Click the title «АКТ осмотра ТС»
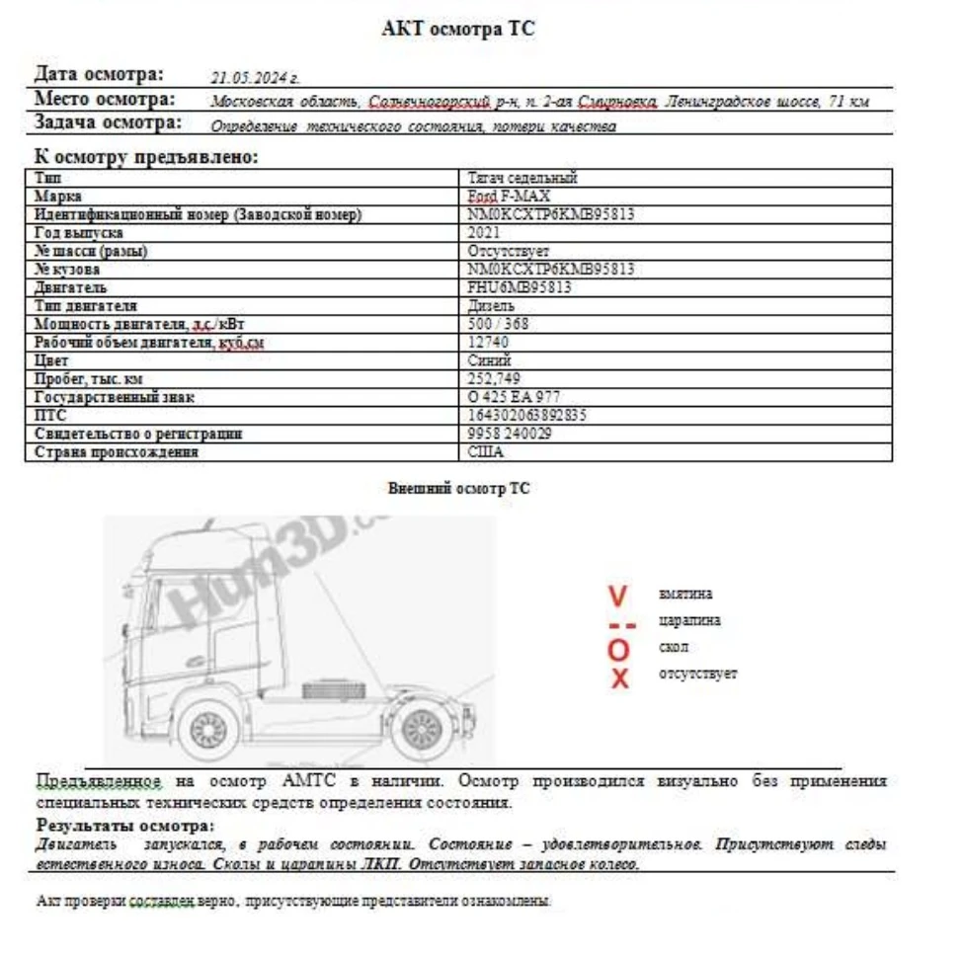point(457,30)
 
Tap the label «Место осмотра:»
point(105,99)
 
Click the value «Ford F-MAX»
point(509,197)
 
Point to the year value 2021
point(483,233)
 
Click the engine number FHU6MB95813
point(520,287)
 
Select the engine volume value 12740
point(488,342)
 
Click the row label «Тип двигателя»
point(85,306)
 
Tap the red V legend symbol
point(618,596)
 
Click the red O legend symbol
point(618,650)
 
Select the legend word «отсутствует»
point(697,675)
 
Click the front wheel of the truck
point(208,729)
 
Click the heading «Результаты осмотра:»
point(125,826)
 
